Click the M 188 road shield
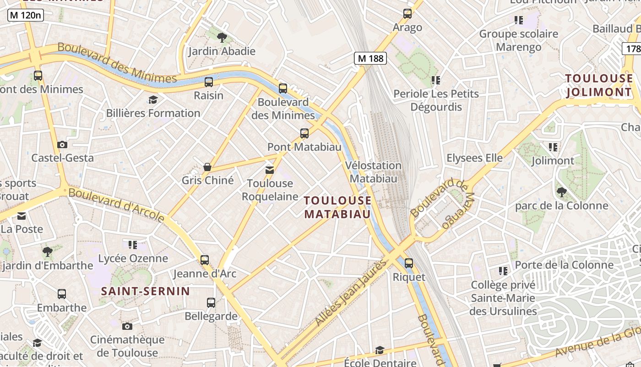370,58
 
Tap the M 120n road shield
26,16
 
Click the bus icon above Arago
407,14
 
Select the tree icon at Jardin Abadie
222,37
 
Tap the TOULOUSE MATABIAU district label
337,207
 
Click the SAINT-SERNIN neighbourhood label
145,291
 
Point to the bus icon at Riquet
409,263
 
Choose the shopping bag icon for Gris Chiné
207,167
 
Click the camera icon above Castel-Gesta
62,145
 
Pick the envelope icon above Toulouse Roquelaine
270,170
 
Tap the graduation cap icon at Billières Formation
153,100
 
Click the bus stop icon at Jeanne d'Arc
205,260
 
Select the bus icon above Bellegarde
211,303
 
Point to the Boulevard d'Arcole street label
116,204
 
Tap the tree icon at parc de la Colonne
562,192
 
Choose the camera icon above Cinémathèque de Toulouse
127,326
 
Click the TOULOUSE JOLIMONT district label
599,85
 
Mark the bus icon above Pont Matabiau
304,133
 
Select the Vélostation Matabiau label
373,172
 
